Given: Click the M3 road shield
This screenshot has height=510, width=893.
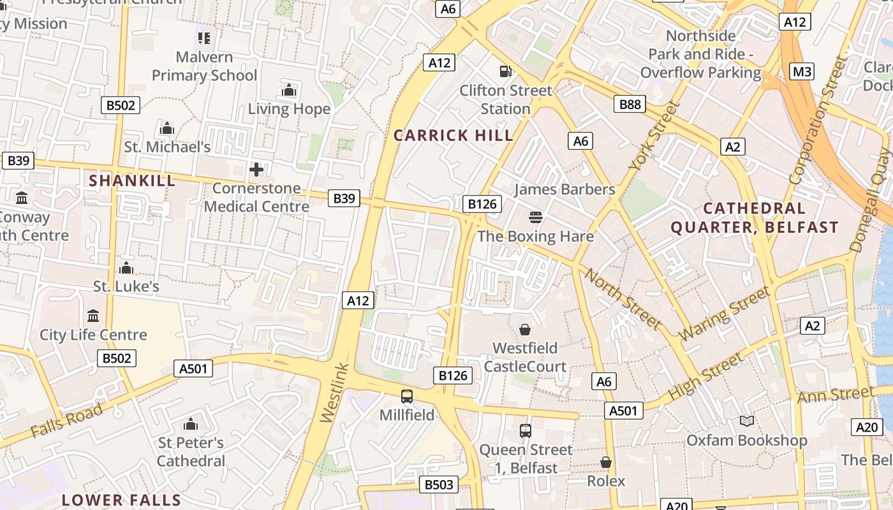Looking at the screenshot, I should point(802,71).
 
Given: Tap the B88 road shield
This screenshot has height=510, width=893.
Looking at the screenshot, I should point(630,104).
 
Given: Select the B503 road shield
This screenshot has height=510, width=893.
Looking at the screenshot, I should point(439,484).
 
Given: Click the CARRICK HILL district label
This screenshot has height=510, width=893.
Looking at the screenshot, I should point(453,135).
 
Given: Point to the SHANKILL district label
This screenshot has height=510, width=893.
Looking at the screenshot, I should point(132,180).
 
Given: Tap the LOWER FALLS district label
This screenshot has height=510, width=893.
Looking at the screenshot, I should point(121,500).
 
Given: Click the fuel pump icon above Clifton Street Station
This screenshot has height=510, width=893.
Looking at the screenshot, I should point(505,71).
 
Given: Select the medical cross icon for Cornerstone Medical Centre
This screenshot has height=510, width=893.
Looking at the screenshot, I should point(256,170).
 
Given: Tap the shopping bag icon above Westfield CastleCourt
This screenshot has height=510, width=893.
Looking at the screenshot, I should point(524,329).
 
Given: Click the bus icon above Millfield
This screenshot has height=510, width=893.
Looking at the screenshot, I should point(407,396).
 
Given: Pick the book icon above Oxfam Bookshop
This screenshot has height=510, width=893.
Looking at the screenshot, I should point(746,421).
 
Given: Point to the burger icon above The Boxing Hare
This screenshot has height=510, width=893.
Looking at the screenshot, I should point(535,217).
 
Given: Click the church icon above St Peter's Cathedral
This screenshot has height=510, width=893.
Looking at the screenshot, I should point(190,424).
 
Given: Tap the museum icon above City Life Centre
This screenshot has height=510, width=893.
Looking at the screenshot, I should point(93,316).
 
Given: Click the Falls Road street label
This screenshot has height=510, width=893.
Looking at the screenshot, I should point(66,421).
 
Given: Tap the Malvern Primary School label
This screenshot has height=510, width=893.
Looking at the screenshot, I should point(204,66).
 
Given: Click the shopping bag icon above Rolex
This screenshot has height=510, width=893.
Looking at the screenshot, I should point(605,462).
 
